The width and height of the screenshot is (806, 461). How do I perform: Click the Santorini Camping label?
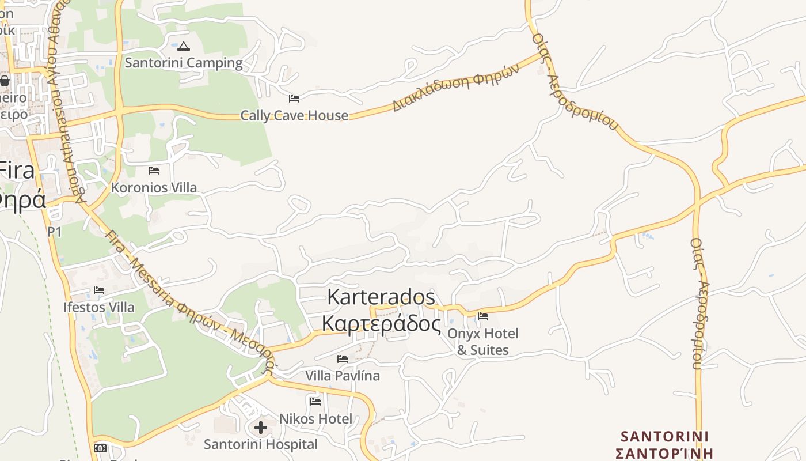[184, 63]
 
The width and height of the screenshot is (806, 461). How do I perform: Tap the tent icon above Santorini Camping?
[184, 47]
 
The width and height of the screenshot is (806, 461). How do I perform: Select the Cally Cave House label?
[294, 115]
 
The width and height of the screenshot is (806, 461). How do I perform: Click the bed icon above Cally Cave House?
[294, 99]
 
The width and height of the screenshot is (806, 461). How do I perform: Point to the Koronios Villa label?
[154, 187]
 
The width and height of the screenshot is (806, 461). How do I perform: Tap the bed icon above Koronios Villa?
[154, 171]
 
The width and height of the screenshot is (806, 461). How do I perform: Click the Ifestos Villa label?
[99, 307]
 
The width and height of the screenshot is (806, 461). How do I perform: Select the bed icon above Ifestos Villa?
[99, 290]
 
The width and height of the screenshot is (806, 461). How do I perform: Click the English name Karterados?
[381, 297]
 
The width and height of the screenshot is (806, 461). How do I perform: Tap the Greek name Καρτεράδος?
[381, 324]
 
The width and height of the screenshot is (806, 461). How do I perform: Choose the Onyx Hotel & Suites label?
[483, 342]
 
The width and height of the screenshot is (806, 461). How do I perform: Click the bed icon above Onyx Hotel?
[483, 316]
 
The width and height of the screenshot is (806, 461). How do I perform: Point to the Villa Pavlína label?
[343, 376]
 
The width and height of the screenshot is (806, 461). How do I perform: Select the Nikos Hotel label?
[315, 418]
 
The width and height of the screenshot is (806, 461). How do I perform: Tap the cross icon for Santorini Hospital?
[261, 428]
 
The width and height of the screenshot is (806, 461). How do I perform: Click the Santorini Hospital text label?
[261, 444]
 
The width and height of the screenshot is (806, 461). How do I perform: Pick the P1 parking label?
[54, 232]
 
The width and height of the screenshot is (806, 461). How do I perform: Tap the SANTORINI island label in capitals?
[664, 436]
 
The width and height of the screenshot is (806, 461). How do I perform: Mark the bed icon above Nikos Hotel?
[315, 402]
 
